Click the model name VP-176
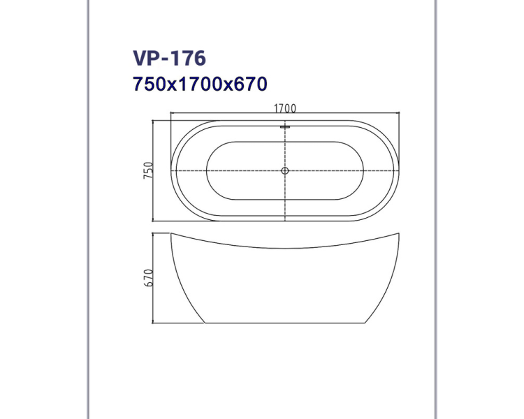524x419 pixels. (169, 58)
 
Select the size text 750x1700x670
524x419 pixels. (200, 84)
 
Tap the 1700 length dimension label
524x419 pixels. (285, 108)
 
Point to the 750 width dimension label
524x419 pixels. (148, 170)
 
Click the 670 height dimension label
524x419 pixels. (148, 278)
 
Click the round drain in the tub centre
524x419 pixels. (285, 170)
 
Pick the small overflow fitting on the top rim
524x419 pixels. (285, 126)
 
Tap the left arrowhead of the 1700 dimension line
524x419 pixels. (171, 113)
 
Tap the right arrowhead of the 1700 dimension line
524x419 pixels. (399, 113)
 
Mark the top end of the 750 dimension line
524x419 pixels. (153, 121)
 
